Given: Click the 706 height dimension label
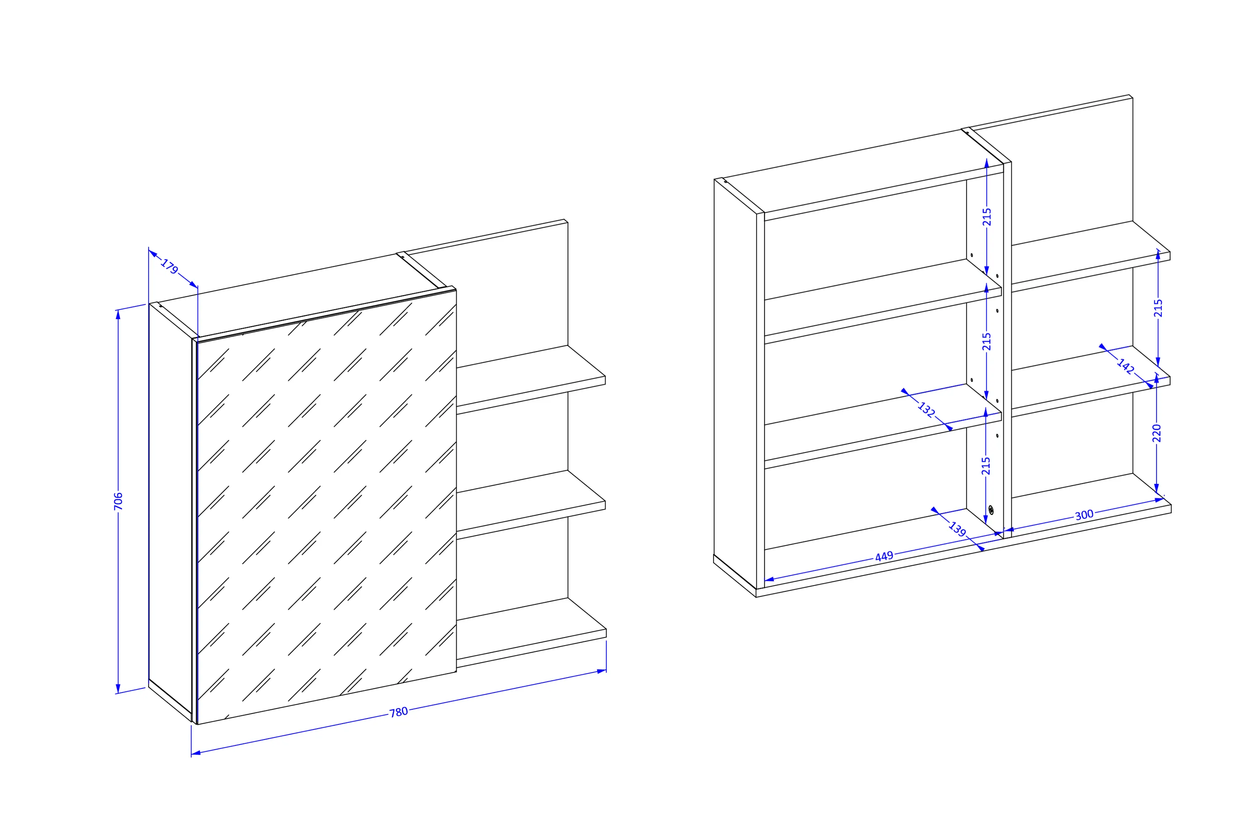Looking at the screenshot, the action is (x=118, y=501).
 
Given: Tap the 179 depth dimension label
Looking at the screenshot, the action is (x=169, y=266).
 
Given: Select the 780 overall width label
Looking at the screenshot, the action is (x=398, y=712).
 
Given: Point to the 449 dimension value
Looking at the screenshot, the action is (x=884, y=556).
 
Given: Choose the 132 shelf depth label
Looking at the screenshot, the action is (x=926, y=410).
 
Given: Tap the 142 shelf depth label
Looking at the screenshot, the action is (x=1125, y=366).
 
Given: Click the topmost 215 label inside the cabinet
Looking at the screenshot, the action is (x=987, y=217).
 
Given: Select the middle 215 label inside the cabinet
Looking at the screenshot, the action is (x=987, y=341).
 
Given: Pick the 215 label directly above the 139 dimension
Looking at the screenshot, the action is (x=985, y=465).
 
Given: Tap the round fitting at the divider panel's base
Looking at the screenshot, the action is (x=991, y=510).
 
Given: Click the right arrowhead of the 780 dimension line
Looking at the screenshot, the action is (x=601, y=671).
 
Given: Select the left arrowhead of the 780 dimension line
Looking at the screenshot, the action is (x=196, y=753).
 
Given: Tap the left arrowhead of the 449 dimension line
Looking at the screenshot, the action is (x=770, y=579).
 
